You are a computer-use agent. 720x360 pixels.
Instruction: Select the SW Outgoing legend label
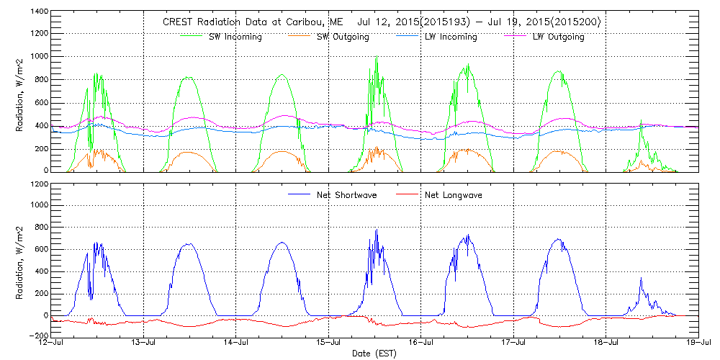(x=343, y=37)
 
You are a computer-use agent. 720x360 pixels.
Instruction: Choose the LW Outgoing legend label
(x=558, y=37)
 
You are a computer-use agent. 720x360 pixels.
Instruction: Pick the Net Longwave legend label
(x=454, y=194)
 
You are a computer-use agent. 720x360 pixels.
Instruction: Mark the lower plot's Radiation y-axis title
(x=19, y=260)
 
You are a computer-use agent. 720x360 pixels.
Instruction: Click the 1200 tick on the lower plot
(x=40, y=184)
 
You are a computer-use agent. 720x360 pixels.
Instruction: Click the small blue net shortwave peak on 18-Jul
(x=640, y=279)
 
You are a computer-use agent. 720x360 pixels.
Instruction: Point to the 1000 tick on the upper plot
(x=40, y=58)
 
